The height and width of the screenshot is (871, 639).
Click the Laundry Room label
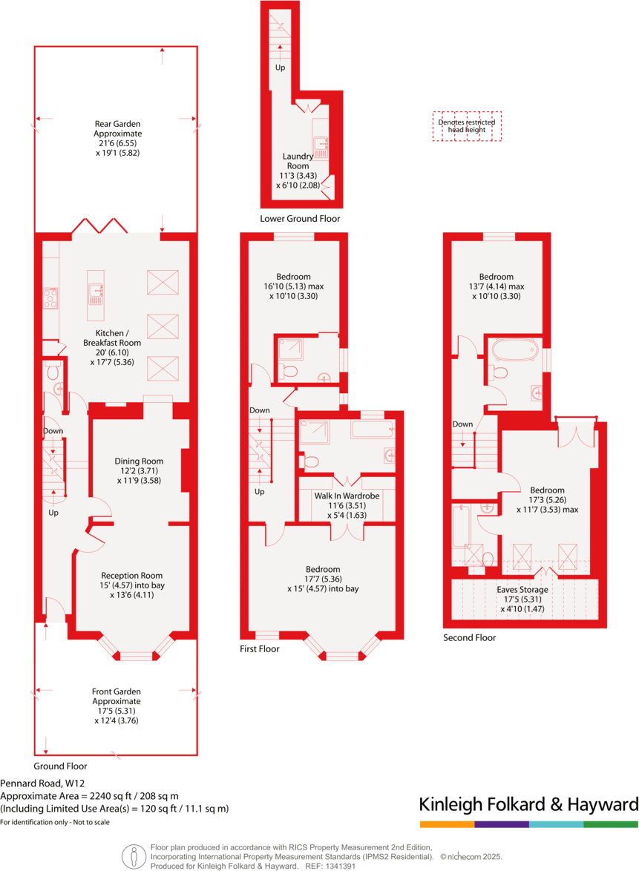(x=298, y=161)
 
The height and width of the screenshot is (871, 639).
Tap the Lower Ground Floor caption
(x=300, y=219)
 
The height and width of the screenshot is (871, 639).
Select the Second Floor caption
(x=469, y=637)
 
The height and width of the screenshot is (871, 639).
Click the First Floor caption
(x=258, y=648)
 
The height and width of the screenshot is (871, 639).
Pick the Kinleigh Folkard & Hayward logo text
(x=528, y=805)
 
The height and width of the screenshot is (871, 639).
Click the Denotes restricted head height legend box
(x=467, y=126)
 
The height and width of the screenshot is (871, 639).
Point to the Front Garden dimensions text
(x=117, y=715)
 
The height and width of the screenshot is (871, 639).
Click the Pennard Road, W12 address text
(x=42, y=783)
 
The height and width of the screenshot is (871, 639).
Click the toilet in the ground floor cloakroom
(x=53, y=372)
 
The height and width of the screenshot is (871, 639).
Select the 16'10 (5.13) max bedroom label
(x=292, y=286)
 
